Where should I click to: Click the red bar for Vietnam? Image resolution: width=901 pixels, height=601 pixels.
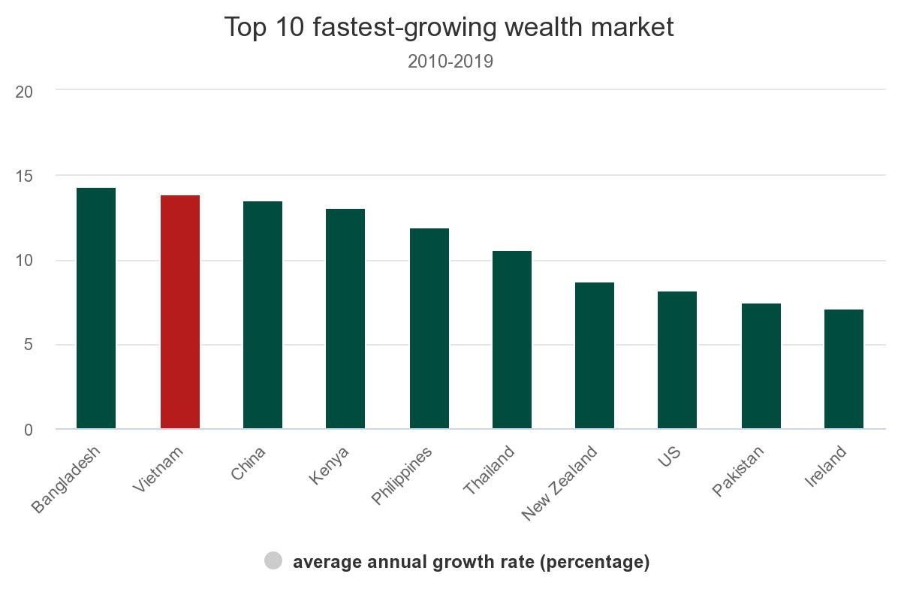180,312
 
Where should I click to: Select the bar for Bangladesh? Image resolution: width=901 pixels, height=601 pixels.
96,308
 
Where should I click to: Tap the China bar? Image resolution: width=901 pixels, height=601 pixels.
263,315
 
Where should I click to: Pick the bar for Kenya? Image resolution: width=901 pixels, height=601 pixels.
345,319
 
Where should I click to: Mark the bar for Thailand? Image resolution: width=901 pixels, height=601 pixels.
512,340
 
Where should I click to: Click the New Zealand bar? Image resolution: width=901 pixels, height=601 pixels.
595,355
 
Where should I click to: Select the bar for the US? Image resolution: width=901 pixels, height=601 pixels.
677,360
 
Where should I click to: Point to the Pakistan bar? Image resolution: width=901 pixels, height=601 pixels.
761,366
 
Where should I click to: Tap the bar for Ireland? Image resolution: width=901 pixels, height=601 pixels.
844,369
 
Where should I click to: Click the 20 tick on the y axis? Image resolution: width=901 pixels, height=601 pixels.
24,92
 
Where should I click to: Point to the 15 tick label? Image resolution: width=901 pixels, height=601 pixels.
24,176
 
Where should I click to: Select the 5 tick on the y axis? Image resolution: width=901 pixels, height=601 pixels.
28,346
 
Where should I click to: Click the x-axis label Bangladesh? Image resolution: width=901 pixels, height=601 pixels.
66,479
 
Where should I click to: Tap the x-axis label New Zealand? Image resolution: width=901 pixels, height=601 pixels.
560,482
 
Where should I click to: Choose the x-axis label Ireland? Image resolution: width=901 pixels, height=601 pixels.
826,466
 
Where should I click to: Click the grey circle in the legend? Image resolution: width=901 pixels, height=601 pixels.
273,560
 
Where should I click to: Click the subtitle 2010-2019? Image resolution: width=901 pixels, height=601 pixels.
450,62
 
